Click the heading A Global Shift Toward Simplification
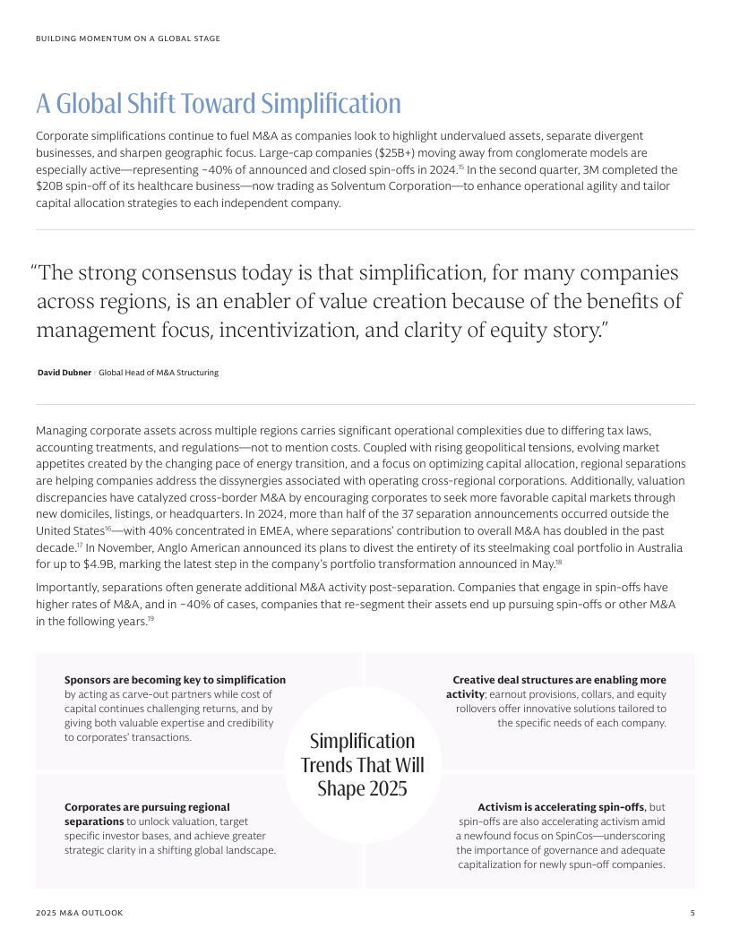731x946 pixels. point(218,104)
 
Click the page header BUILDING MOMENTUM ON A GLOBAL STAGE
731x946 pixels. point(128,39)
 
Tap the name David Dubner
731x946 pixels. point(64,373)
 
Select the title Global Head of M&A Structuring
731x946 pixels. point(159,373)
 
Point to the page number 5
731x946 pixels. point(692,913)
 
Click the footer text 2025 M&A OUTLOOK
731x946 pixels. point(80,913)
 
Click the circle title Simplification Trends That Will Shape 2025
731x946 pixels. point(362,765)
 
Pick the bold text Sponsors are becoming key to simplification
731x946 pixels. point(176,680)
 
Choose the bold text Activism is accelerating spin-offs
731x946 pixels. point(561,807)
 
